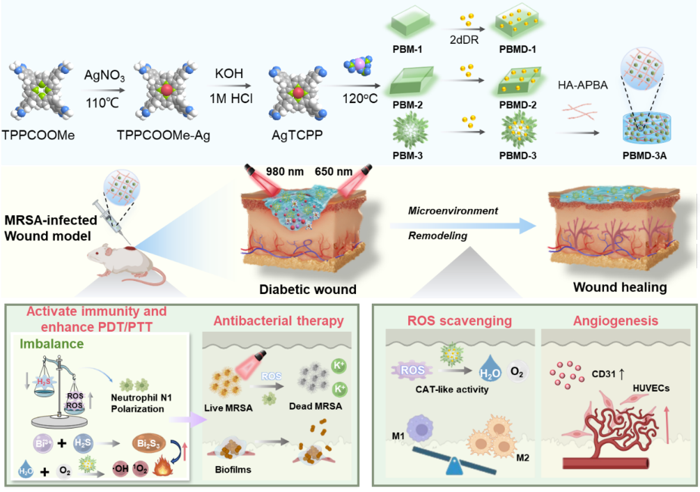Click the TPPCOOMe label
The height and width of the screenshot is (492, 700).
click(x=38, y=134)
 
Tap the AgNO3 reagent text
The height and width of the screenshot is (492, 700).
click(x=104, y=75)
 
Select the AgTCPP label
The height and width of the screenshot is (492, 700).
click(x=297, y=134)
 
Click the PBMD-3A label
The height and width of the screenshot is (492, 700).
click(x=645, y=155)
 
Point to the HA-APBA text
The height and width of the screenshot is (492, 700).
click(x=582, y=85)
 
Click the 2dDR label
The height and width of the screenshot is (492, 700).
click(x=465, y=40)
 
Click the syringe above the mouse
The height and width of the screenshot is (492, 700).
click(x=109, y=220)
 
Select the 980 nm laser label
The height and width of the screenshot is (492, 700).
click(x=285, y=171)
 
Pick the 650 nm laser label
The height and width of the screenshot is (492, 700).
click(x=334, y=171)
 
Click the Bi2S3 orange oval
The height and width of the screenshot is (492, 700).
click(x=149, y=444)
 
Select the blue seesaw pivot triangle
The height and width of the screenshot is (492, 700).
click(x=455, y=466)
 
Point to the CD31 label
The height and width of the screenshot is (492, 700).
click(x=604, y=374)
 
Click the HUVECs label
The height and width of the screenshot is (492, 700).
click(x=651, y=388)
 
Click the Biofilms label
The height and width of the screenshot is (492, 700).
click(x=233, y=470)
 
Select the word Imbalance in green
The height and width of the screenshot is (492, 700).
click(x=52, y=344)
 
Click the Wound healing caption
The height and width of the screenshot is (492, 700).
click(x=620, y=287)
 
